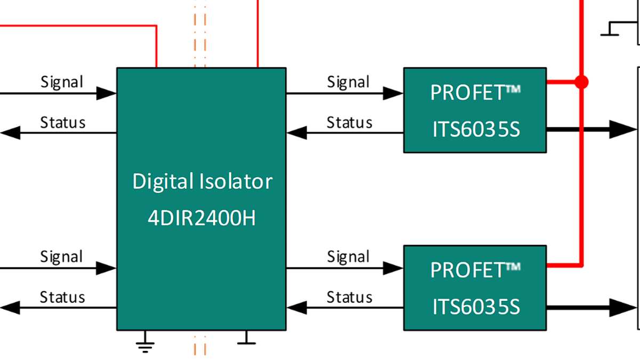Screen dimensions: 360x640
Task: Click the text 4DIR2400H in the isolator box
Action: point(202,218)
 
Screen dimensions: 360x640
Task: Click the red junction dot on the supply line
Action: point(581,82)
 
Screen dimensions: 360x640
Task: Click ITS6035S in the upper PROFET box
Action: point(476,130)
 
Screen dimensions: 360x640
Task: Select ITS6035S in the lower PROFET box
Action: point(476,307)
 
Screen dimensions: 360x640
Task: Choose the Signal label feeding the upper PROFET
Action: point(348,82)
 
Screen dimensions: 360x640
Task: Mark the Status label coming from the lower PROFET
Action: point(349,297)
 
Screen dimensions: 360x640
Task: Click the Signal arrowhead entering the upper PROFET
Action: point(394,93)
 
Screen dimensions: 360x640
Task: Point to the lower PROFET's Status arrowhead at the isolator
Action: point(297,307)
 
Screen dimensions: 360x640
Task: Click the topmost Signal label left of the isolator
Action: point(62,82)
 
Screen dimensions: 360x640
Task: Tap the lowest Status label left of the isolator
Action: point(62,297)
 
